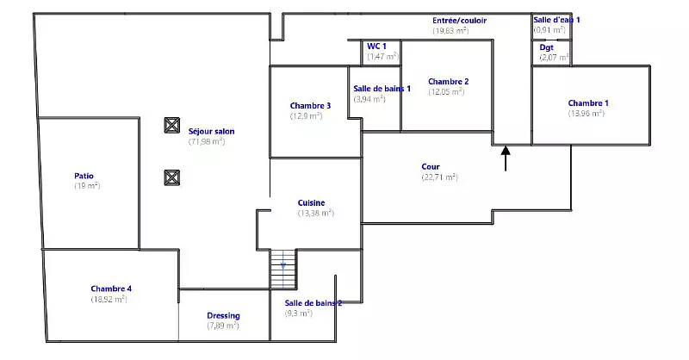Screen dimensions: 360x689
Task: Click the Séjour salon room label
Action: coord(211,132)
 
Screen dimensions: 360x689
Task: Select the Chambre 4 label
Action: coord(111,289)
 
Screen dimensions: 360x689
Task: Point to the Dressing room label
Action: coord(223,315)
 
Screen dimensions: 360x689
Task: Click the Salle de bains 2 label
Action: coord(313,303)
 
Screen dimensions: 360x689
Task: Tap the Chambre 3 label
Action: coord(310,105)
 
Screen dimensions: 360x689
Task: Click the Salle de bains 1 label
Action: coord(382,88)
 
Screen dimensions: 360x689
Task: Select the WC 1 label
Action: coord(376,46)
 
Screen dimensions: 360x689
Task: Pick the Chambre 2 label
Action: coord(448,81)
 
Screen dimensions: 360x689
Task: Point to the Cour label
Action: coord(431,166)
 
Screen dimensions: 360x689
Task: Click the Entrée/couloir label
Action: coord(458,20)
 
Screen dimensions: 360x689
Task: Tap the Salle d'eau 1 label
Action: coord(556,19)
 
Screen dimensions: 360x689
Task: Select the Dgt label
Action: coord(547,47)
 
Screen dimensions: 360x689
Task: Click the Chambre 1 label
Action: coord(588,103)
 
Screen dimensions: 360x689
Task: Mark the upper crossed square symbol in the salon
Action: coord(171,125)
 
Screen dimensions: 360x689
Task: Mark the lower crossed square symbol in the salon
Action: coord(171,177)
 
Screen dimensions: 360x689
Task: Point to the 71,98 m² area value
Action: coord(207,141)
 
